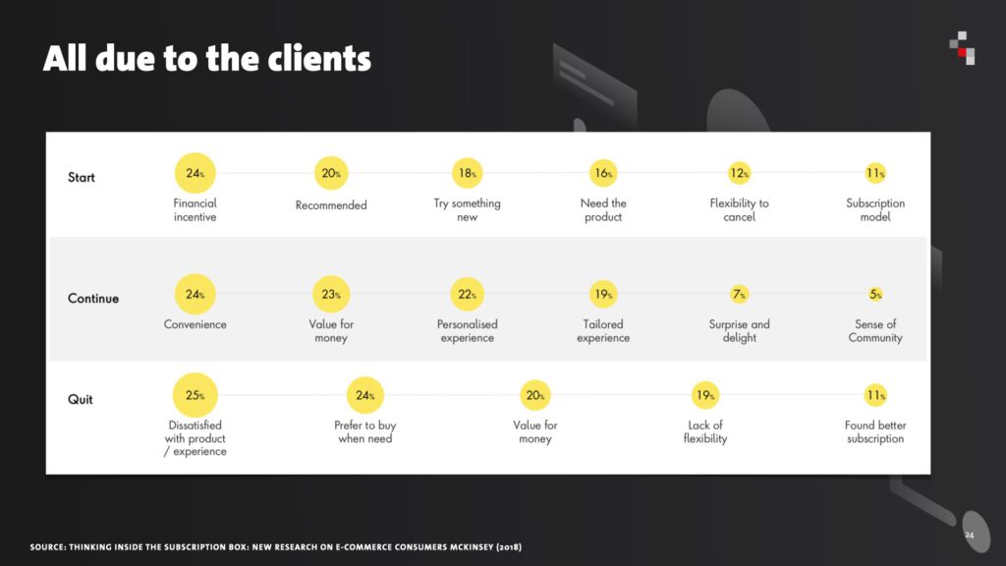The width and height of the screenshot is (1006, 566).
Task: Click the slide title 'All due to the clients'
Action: [206, 58]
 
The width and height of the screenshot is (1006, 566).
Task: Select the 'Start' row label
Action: [82, 177]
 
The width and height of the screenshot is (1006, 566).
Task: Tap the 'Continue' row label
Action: [93, 299]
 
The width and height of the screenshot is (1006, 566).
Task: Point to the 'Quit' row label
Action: [81, 399]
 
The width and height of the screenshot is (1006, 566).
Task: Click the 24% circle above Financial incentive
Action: [196, 173]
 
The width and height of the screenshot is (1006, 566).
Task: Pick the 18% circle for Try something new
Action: [467, 173]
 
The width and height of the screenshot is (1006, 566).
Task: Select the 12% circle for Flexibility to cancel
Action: [739, 173]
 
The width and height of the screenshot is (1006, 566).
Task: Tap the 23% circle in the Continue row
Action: [331, 295]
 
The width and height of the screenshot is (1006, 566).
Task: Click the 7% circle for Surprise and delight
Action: [739, 295]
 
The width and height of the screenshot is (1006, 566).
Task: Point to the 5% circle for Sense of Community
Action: [875, 295]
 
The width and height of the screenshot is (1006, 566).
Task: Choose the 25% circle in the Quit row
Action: [196, 395]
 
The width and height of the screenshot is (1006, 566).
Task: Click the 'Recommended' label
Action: [331, 205]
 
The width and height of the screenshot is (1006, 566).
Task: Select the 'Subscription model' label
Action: [875, 210]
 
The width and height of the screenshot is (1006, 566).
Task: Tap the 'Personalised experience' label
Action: [467, 331]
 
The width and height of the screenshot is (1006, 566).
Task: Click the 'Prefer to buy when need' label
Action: [365, 432]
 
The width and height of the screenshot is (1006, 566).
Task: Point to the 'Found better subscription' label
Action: [875, 432]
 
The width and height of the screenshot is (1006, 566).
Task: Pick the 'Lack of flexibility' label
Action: [705, 432]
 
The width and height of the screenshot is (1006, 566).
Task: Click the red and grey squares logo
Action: [963, 48]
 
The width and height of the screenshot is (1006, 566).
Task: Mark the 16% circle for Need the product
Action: [603, 173]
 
